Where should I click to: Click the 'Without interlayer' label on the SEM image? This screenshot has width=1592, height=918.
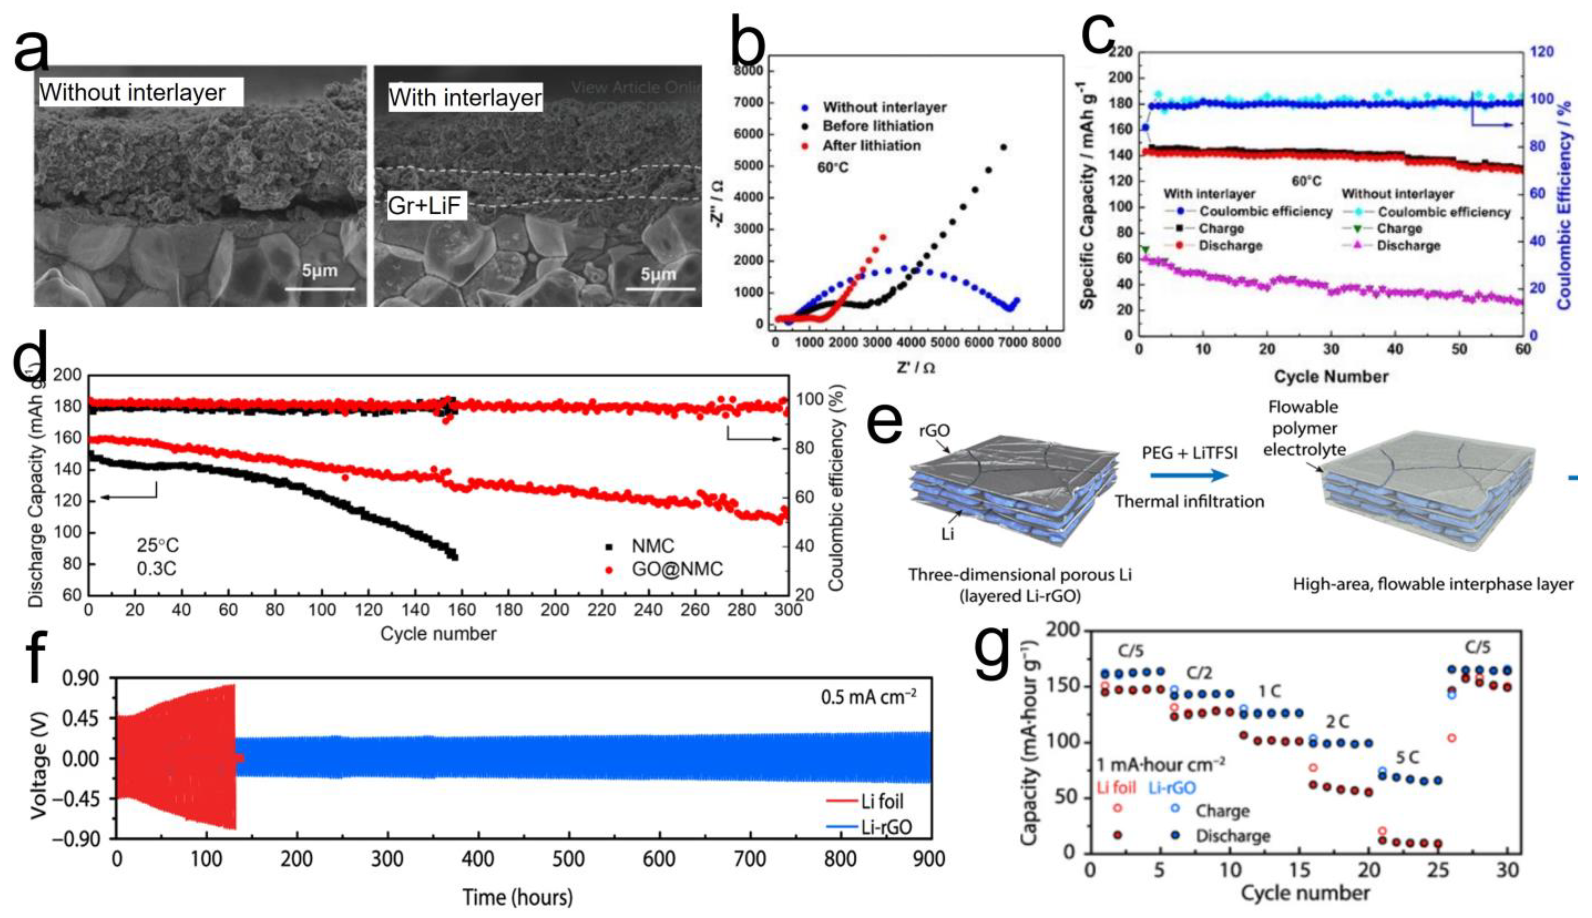[x=133, y=93]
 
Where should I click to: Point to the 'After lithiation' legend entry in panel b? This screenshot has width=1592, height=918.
[x=871, y=146]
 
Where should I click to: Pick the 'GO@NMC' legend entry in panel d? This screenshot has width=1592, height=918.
[x=677, y=569]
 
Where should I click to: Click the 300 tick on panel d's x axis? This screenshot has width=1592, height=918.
[x=788, y=610]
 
